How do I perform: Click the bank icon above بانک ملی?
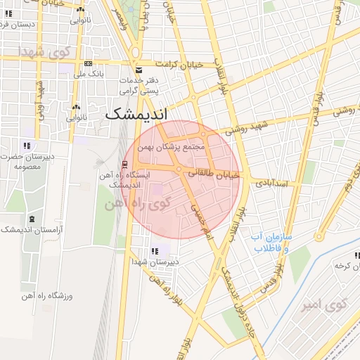88,63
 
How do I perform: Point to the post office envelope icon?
138,70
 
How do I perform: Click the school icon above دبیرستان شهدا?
155,252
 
